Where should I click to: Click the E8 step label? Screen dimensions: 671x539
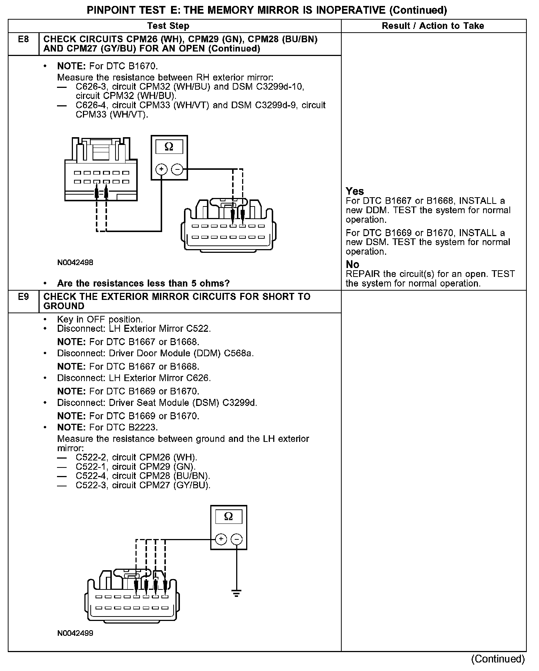pos(23,39)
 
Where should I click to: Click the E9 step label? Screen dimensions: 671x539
pos(23,297)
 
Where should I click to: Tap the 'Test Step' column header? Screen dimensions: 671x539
pos(168,26)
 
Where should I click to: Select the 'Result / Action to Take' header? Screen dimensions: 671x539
pos(433,26)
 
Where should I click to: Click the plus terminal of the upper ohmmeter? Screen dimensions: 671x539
pos(161,170)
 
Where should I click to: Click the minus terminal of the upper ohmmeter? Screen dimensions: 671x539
pos(178,170)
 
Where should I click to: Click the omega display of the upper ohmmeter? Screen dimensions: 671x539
pos(169,147)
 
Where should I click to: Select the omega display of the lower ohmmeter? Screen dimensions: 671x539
pos(228,516)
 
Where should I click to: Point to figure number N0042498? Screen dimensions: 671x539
pos(75,263)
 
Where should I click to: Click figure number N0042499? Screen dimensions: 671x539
pos(75,633)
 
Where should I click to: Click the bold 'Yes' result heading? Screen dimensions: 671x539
pos(355,191)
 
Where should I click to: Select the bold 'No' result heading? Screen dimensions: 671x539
pos(352,265)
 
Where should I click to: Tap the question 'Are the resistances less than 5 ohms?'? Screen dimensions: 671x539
pos(143,284)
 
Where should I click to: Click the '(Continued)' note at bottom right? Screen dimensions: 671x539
pos(498,659)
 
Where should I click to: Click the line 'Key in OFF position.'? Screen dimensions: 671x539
pos(100,320)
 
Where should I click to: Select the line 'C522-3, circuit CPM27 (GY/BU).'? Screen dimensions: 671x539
pos(143,485)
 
